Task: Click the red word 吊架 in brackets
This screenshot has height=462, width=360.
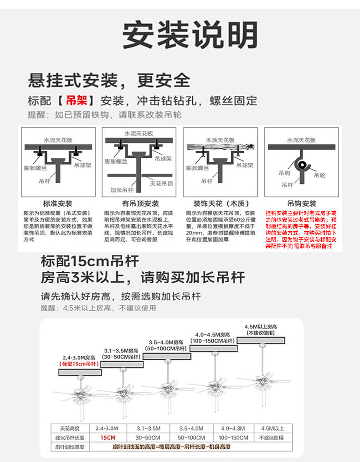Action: tap(76, 100)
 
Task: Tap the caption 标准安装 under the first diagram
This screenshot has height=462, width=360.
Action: tap(57, 203)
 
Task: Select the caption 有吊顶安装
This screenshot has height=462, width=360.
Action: tap(140, 203)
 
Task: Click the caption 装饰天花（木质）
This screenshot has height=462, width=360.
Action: tap(221, 203)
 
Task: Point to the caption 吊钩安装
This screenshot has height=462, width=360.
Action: tap(302, 203)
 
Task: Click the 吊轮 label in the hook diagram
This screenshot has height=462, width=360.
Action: tap(320, 175)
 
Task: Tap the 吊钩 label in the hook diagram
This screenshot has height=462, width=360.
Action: tap(284, 173)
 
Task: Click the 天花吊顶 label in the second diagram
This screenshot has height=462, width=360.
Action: tap(162, 183)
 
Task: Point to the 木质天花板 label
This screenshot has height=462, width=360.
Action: tap(221, 140)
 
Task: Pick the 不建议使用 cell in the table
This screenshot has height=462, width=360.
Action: tap(272, 438)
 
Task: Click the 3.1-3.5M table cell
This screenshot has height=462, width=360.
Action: tap(148, 429)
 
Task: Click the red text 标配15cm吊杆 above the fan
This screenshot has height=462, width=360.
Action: tap(79, 364)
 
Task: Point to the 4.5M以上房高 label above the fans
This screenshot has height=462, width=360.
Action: tap(261, 327)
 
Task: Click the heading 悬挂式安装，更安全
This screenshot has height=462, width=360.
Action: tap(109, 81)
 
